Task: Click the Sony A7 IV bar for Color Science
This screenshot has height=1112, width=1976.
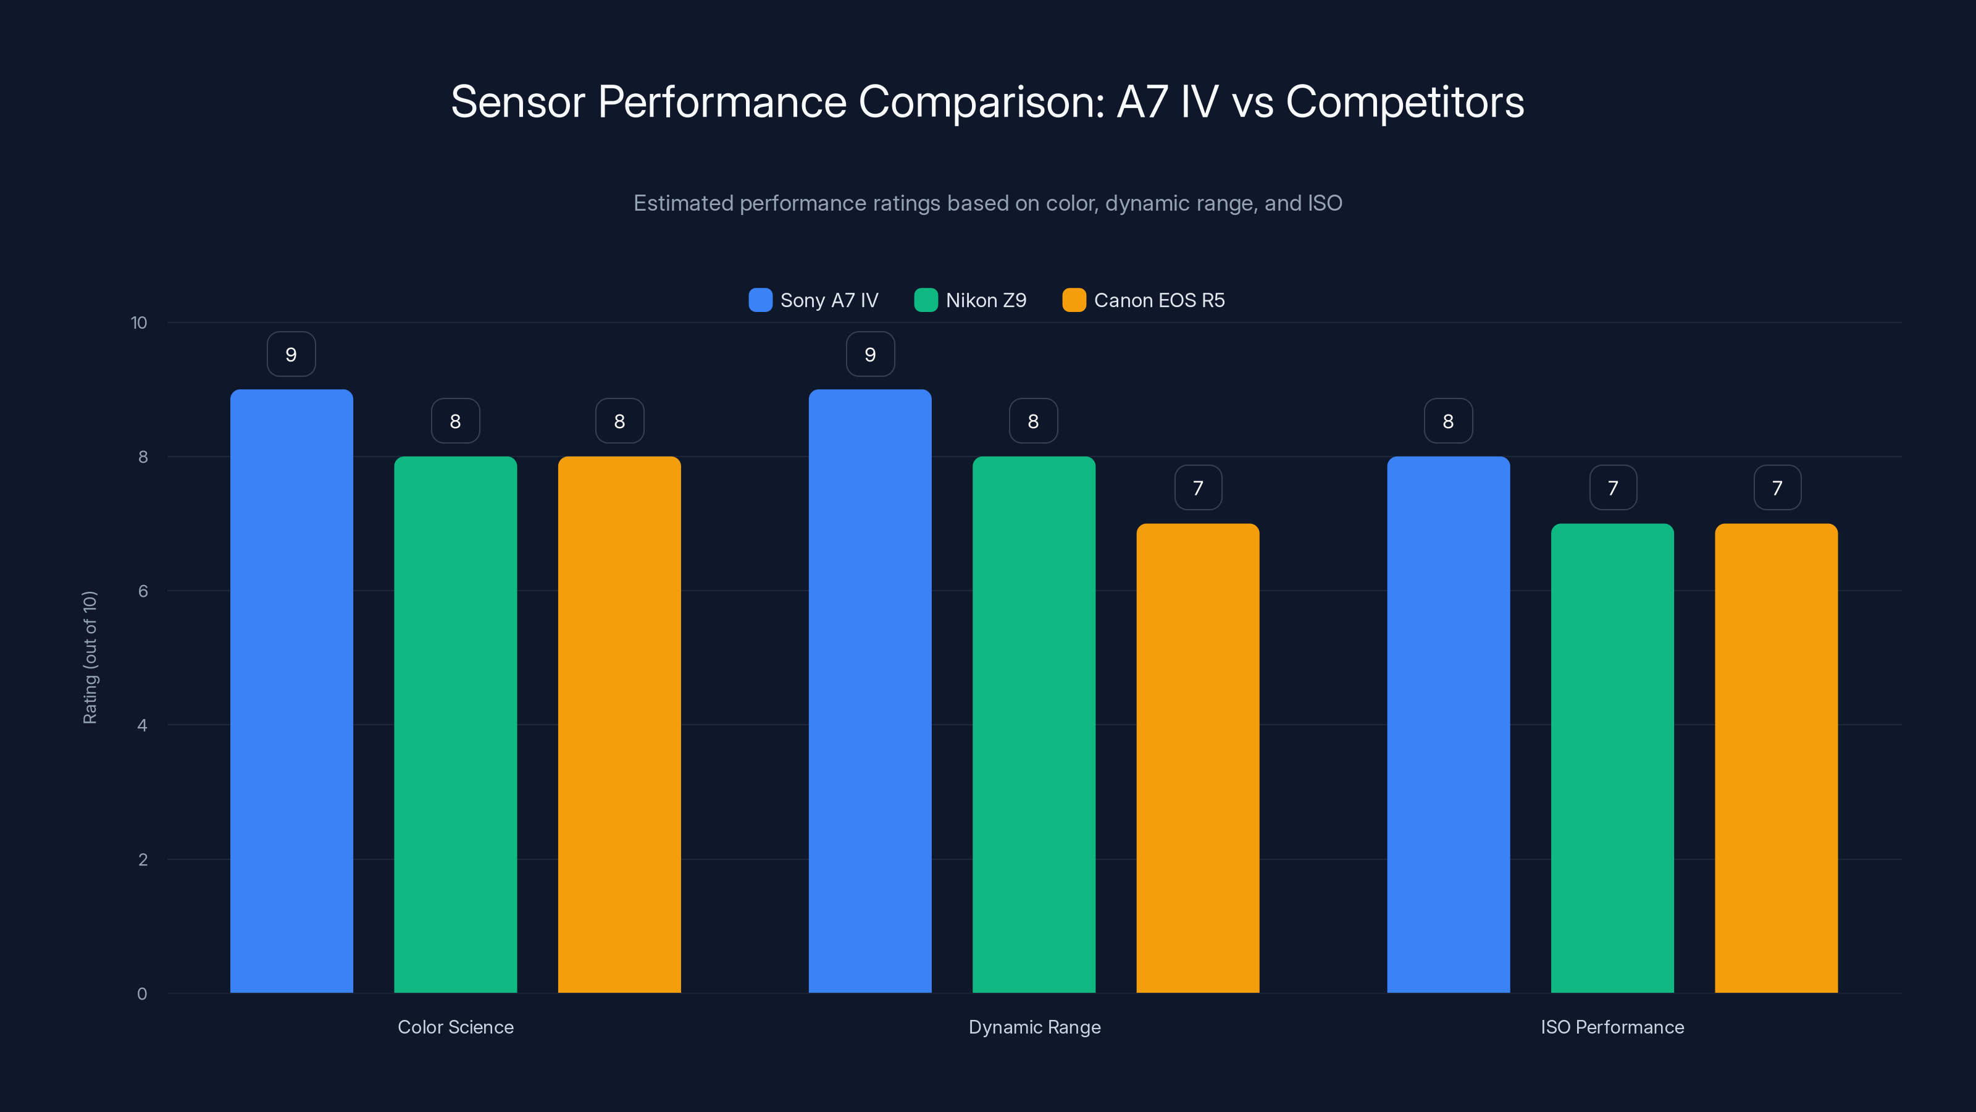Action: coord(291,691)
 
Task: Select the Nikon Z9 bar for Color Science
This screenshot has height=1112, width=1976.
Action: coord(456,725)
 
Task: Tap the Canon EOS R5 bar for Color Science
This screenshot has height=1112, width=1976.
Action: coord(619,725)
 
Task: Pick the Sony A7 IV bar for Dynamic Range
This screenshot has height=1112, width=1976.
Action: coord(870,691)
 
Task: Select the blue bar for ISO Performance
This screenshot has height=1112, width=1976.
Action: coord(1448,725)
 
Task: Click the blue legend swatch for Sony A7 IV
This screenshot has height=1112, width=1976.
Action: coord(760,300)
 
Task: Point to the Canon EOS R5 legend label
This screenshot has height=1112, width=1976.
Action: coord(1159,300)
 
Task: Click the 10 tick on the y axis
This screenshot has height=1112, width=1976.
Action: coord(139,322)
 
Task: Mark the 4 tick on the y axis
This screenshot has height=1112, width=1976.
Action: coord(142,725)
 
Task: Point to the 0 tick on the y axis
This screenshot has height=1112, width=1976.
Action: coord(142,994)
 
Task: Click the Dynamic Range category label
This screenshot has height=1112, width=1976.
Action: coord(1034,1027)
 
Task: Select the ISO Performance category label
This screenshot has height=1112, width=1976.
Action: coord(1612,1027)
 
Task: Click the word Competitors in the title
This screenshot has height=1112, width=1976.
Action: coord(1405,102)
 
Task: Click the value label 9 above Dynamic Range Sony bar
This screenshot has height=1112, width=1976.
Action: coord(870,355)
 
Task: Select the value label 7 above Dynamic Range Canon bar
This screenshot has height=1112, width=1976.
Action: coord(1197,488)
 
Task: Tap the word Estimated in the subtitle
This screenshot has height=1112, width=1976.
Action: coord(683,203)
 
